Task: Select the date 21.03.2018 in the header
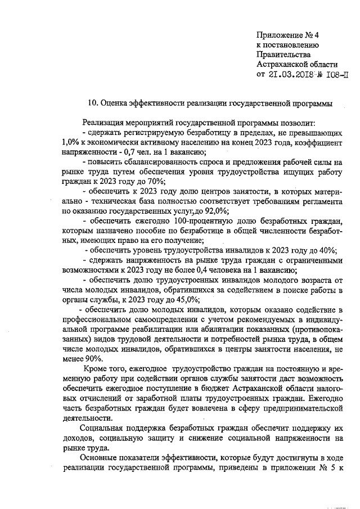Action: click(296, 74)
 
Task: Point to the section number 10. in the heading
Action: click(93, 103)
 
